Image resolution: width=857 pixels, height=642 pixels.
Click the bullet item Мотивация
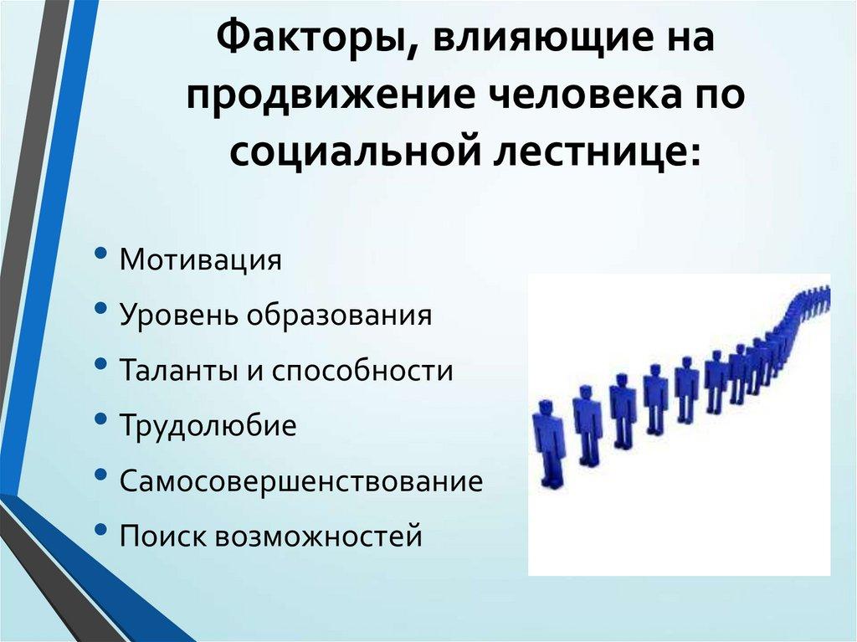pyautogui.click(x=200, y=259)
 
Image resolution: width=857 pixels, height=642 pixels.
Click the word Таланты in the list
pyautogui.click(x=178, y=370)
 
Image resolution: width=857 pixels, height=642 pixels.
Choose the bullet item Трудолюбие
pyautogui.click(x=208, y=425)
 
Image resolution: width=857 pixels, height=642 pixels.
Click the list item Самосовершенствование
pyautogui.click(x=301, y=481)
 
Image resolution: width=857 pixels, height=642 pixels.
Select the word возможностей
pyautogui.click(x=318, y=536)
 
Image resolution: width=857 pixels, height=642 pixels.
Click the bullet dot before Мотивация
pyautogui.click(x=101, y=254)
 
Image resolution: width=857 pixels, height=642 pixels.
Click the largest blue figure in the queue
pyautogui.click(x=549, y=444)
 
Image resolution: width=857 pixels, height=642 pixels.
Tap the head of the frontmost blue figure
pyautogui.click(x=546, y=409)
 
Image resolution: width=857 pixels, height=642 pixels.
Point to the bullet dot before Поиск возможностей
pyautogui.click(x=101, y=531)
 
